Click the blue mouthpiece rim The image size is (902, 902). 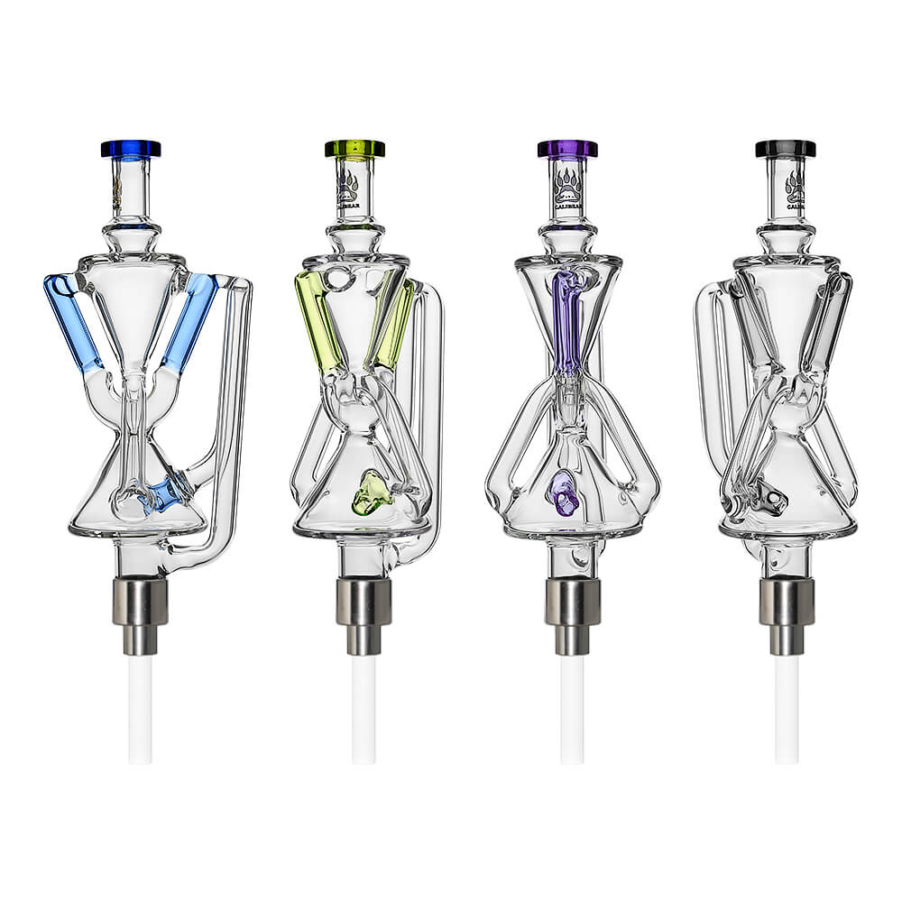(x=131, y=149)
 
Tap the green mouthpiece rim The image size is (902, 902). (x=354, y=149)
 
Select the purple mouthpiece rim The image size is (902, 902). (x=567, y=149)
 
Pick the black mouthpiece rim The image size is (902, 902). (x=786, y=149)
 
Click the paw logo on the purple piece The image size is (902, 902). (x=567, y=185)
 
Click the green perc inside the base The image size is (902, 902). (x=372, y=492)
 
